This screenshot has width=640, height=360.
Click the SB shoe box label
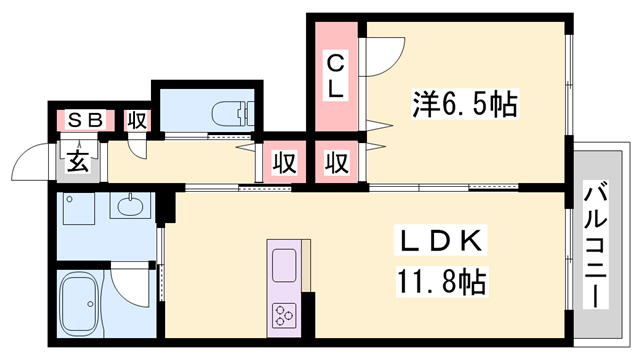click(83, 120)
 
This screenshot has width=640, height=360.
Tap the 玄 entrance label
click(77, 160)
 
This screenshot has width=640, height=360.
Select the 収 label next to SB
click(137, 120)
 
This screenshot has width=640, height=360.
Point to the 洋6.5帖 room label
click(465, 102)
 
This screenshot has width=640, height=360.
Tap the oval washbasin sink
click(131, 207)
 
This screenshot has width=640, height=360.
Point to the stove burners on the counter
click(285, 314)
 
